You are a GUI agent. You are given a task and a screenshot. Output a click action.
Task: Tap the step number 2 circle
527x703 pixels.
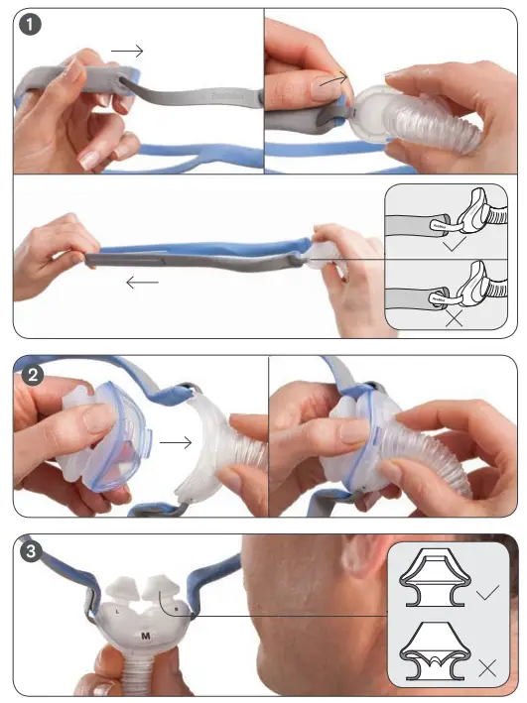pos(33,375)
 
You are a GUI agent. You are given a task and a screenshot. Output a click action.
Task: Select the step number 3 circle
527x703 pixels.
pos(33,552)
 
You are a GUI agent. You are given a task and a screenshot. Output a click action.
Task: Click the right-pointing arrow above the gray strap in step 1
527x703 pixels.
pos(128,50)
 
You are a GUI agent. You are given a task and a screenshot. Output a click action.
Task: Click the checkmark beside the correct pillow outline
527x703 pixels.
pos(486,593)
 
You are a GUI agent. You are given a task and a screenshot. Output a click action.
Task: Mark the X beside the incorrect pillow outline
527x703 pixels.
pos(486,667)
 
